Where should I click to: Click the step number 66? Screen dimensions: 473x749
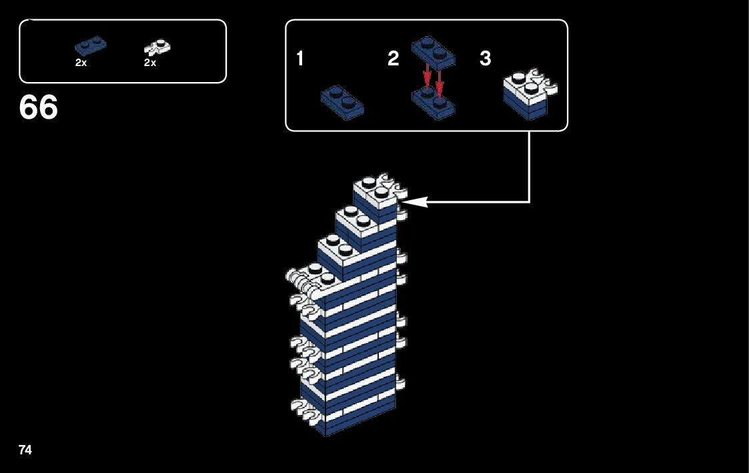click(x=39, y=107)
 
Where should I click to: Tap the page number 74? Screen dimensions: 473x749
click(x=25, y=450)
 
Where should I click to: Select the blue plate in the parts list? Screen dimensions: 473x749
click(x=91, y=46)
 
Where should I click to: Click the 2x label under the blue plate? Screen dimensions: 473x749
click(x=81, y=63)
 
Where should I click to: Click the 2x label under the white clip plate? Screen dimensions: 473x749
click(x=150, y=63)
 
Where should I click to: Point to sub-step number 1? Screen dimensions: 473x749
click(x=300, y=59)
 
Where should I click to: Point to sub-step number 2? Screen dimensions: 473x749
click(x=394, y=59)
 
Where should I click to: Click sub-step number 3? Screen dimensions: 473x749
click(x=486, y=59)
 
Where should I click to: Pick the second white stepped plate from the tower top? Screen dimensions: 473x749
click(x=357, y=219)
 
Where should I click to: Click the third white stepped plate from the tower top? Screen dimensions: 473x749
click(x=340, y=250)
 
